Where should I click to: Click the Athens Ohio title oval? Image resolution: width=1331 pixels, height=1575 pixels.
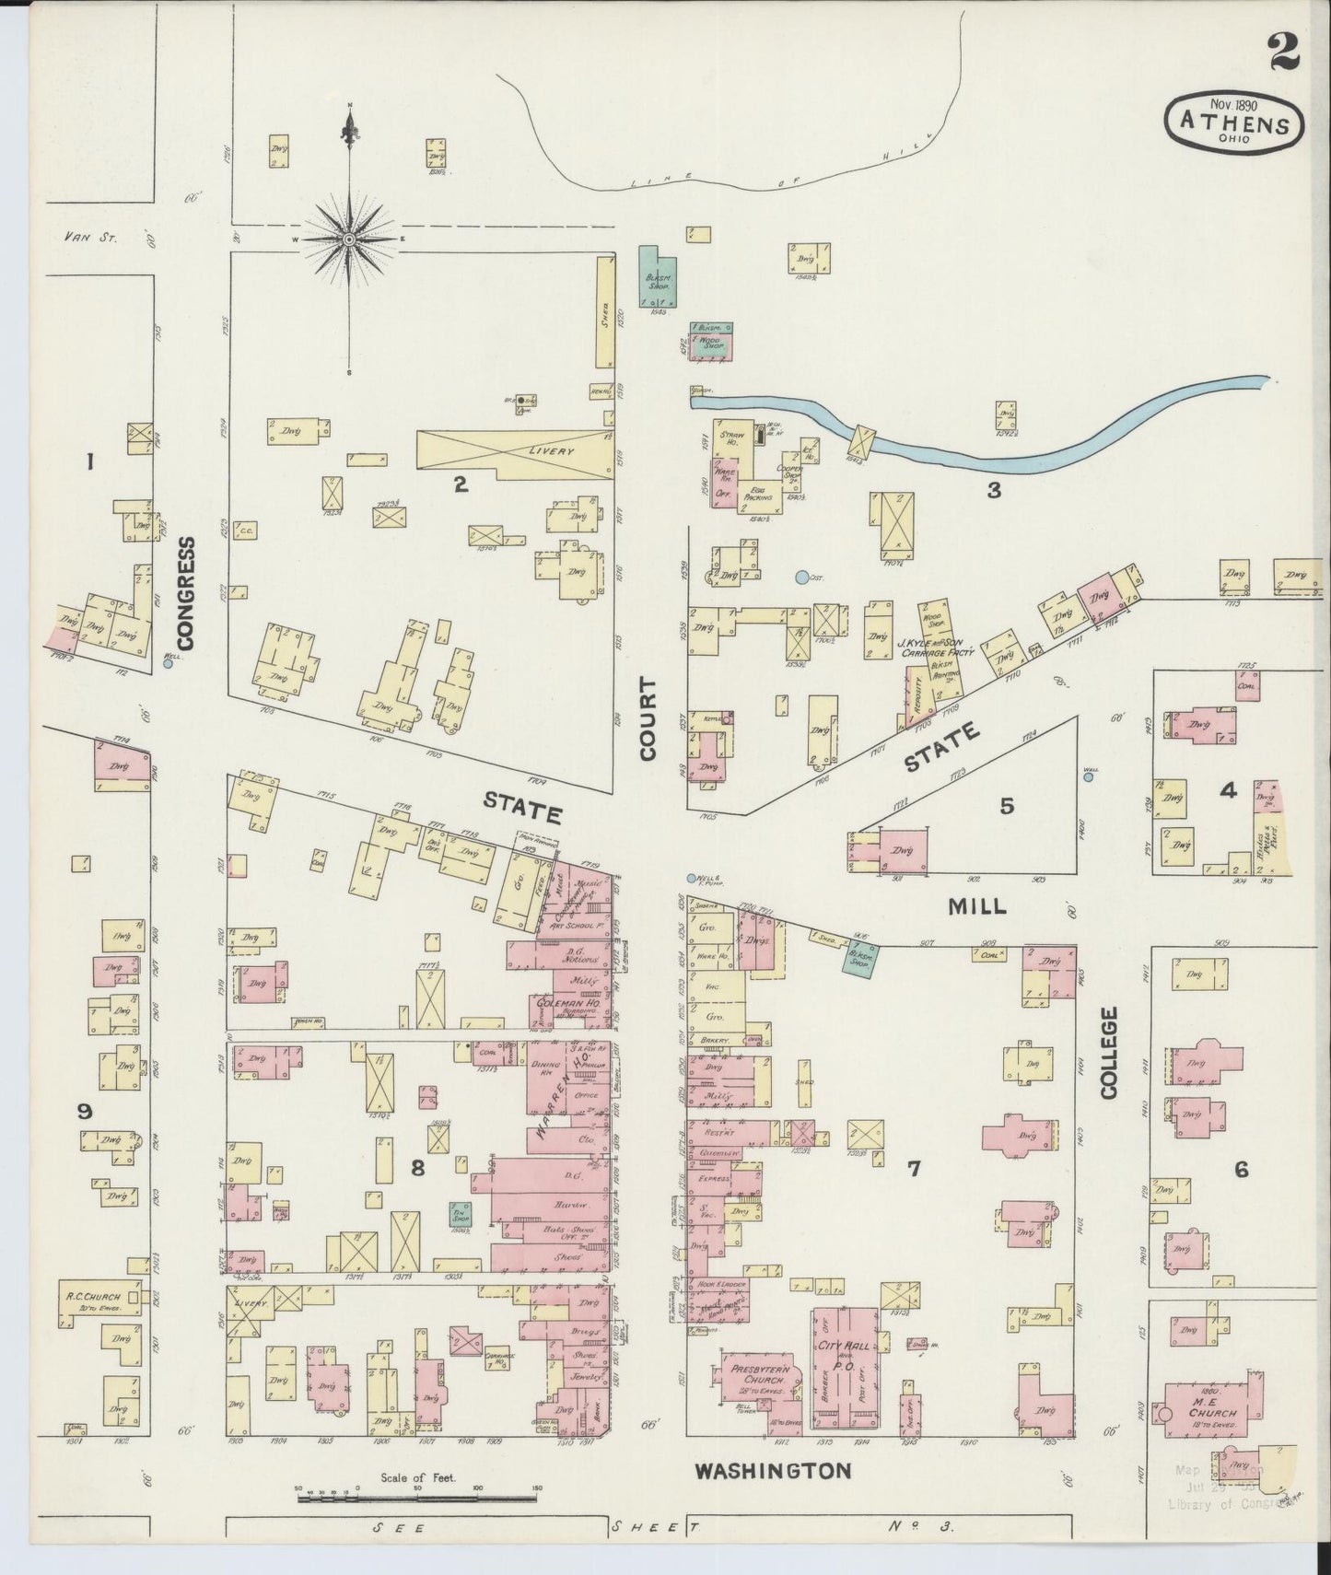(x=1234, y=120)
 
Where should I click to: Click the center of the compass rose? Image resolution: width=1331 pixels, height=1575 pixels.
(x=349, y=239)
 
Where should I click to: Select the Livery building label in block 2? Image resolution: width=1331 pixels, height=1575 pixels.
(x=551, y=452)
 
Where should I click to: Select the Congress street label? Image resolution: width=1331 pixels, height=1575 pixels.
(x=188, y=594)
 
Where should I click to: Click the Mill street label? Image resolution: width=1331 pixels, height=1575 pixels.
(x=977, y=906)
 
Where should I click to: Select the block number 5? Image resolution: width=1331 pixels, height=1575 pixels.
(x=1007, y=806)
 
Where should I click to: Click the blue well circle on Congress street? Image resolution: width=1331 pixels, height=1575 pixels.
(x=168, y=661)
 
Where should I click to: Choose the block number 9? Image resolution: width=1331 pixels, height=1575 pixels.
(x=85, y=1112)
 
